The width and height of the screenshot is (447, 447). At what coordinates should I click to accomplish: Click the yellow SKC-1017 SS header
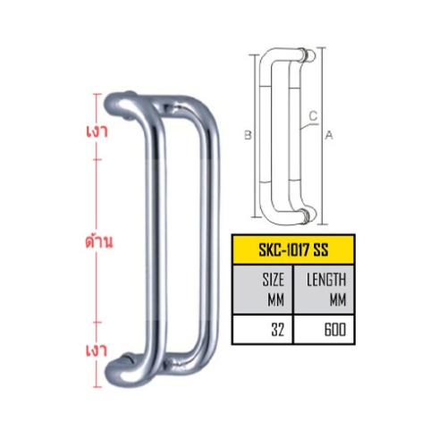click(293, 249)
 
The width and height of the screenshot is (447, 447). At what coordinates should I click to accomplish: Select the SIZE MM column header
click(273, 289)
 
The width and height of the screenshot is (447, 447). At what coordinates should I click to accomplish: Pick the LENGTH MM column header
click(326, 289)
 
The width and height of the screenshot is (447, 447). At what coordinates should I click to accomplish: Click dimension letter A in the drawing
click(329, 136)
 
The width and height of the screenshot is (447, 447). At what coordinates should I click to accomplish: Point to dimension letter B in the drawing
click(248, 135)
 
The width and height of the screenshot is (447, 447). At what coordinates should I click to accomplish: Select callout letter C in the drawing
click(314, 116)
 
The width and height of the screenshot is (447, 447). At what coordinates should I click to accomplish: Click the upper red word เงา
click(97, 131)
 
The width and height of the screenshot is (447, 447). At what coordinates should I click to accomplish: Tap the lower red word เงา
click(97, 350)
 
